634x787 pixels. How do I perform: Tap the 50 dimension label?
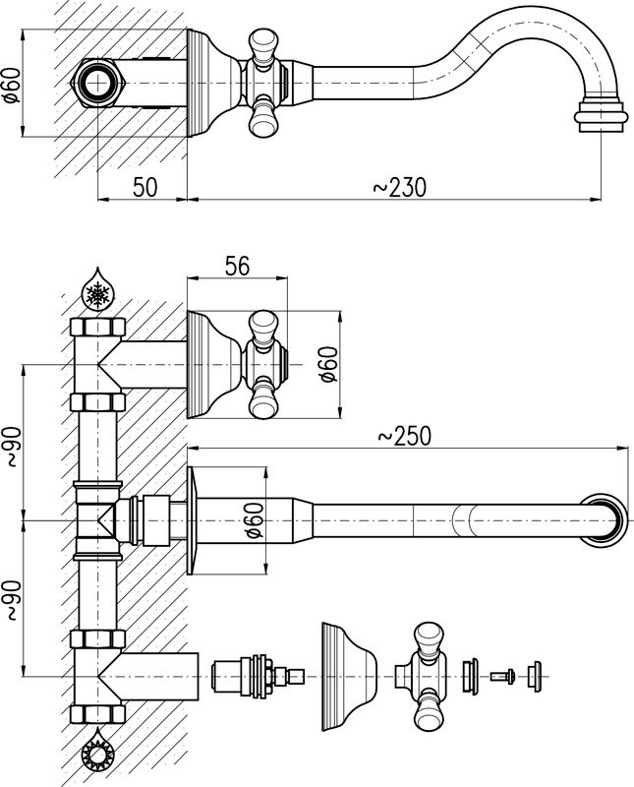tap(144, 187)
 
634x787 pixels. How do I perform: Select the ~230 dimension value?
tap(400, 187)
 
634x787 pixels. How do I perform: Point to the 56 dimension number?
tap(237, 266)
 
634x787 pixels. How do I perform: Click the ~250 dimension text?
tap(404, 436)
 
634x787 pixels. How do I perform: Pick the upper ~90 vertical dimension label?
tap(12, 447)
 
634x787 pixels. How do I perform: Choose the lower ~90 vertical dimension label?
tap(12, 600)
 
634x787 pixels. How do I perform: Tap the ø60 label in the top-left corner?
tap(12, 84)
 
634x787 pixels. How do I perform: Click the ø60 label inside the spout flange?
tap(255, 520)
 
